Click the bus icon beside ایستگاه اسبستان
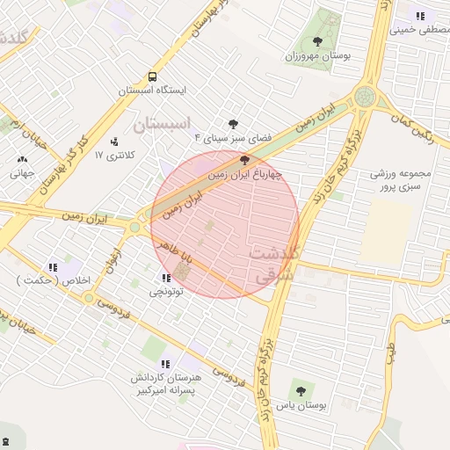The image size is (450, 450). (x=153, y=76)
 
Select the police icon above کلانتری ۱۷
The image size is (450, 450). (x=115, y=141)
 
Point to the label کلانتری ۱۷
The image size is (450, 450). (x=115, y=155)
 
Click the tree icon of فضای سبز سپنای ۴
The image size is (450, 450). (x=234, y=124)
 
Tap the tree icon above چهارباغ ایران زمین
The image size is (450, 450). (x=244, y=160)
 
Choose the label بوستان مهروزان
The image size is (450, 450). (x=317, y=55)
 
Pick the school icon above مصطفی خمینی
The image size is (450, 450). (x=421, y=15)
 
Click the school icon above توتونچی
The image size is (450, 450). (x=167, y=278)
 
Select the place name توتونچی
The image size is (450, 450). (x=166, y=292)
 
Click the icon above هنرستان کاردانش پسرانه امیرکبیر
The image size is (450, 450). (x=165, y=363)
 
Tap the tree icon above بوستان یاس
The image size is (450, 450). (x=301, y=390)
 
